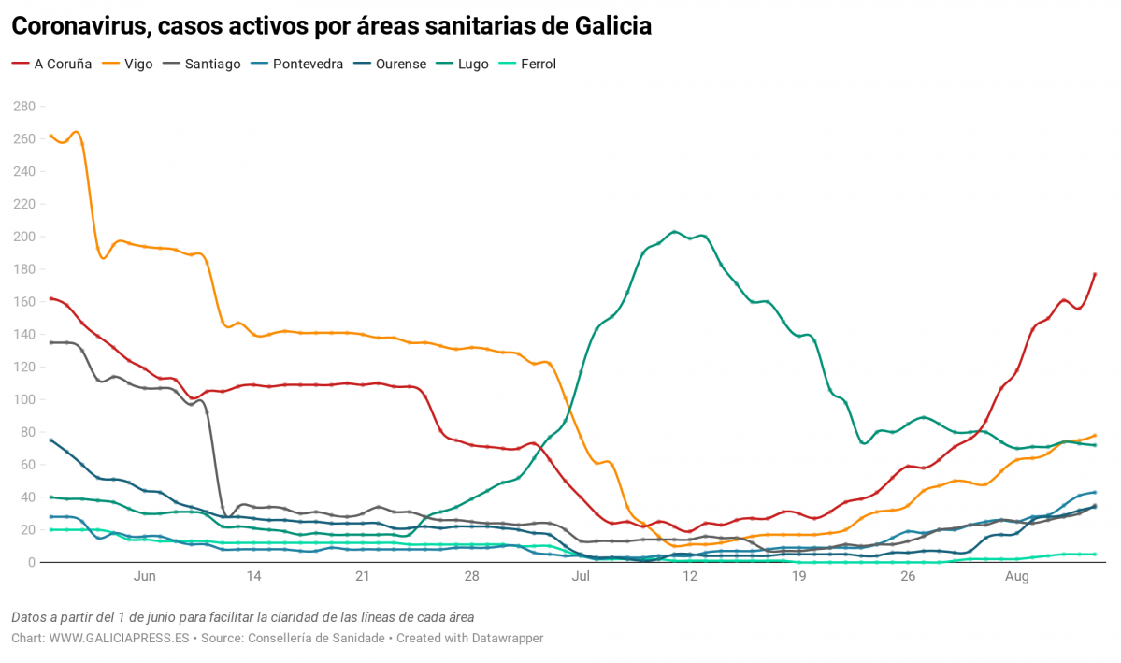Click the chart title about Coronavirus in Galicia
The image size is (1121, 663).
[x=331, y=27]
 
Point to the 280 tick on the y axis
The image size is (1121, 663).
[x=23, y=107]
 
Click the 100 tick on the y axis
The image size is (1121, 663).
[x=23, y=399]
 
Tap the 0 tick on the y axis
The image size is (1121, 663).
[x=31, y=562]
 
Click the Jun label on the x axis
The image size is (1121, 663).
[x=144, y=577]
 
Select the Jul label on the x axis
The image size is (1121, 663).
[x=581, y=577]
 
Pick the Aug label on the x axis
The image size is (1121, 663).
[x=1016, y=577]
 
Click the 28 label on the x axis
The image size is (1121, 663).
[x=471, y=577]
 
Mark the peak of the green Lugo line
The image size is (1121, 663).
[x=674, y=231]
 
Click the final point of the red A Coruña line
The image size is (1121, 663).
[x=1095, y=274]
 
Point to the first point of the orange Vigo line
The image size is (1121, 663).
[x=50, y=136]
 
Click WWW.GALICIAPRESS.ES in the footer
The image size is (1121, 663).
[x=119, y=638]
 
